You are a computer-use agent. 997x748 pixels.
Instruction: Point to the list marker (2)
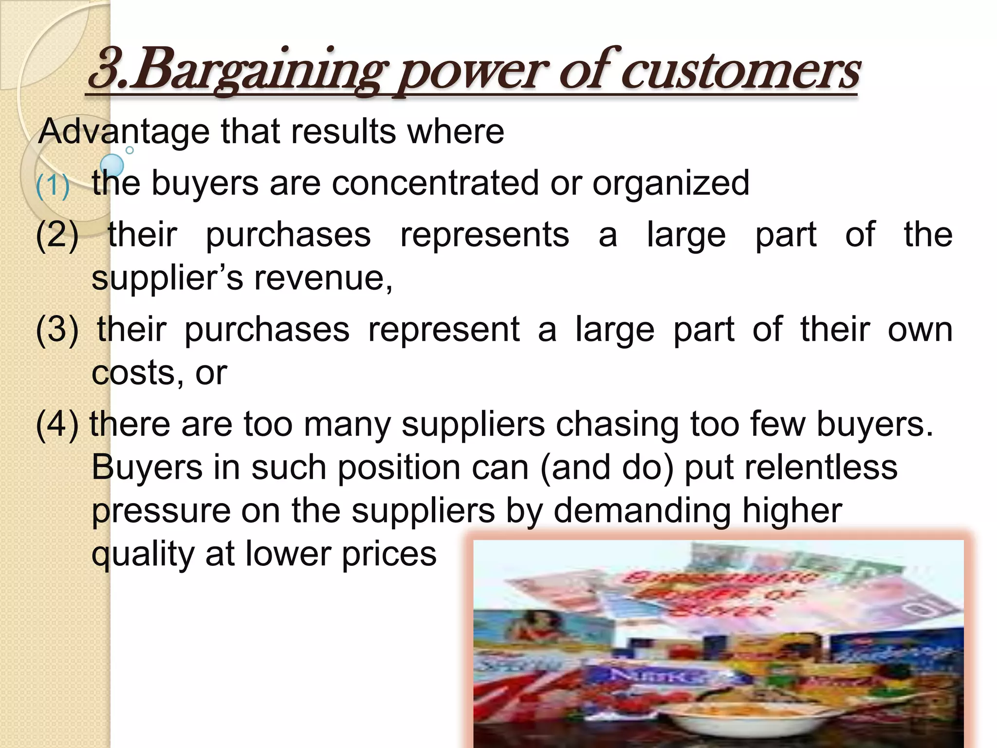(x=57, y=235)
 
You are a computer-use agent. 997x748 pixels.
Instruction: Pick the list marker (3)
(x=57, y=330)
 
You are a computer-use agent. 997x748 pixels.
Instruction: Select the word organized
(x=670, y=184)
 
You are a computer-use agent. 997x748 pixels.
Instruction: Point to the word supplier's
(x=167, y=279)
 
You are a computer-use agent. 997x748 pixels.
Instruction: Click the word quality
(x=143, y=555)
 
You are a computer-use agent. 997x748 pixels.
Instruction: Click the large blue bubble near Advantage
(x=112, y=165)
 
